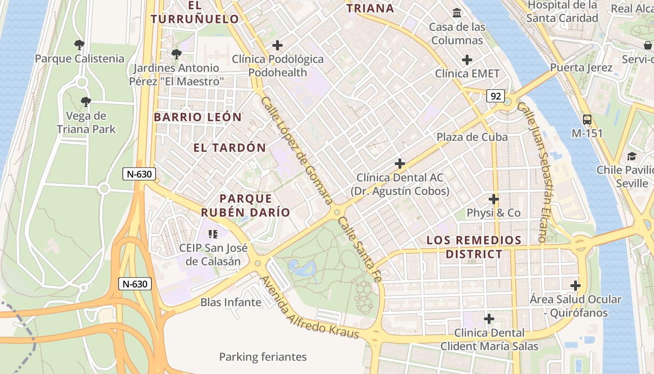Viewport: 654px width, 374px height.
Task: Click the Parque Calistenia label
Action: [x=79, y=59]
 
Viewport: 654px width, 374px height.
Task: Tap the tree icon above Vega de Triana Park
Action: [x=85, y=102]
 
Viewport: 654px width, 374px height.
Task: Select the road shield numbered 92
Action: [x=496, y=96]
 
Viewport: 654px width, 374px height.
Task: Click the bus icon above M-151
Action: [x=587, y=119]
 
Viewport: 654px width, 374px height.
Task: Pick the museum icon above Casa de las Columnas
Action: [x=457, y=13]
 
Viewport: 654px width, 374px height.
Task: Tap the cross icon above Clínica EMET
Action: [x=467, y=60]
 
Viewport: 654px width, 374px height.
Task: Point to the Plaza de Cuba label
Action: [x=472, y=137]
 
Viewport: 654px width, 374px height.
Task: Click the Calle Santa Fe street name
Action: [x=360, y=250]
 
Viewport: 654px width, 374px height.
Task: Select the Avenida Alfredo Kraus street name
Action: [x=309, y=309]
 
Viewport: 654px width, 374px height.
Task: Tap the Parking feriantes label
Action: [x=263, y=357]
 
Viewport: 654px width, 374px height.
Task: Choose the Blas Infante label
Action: [x=231, y=302]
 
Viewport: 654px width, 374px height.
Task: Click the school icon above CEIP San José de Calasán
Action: [x=213, y=234]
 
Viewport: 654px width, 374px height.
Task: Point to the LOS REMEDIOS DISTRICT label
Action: [x=474, y=247]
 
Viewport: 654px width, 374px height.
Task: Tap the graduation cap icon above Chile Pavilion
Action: [x=632, y=156]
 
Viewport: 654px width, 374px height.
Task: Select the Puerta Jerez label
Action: [x=581, y=67]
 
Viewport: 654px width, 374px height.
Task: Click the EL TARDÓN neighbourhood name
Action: [x=229, y=148]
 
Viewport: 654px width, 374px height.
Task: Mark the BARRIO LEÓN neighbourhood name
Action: [x=198, y=117]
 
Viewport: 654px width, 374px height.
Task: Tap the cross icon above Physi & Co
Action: [x=494, y=199]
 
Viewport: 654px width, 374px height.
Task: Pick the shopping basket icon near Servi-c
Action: [x=648, y=45]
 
